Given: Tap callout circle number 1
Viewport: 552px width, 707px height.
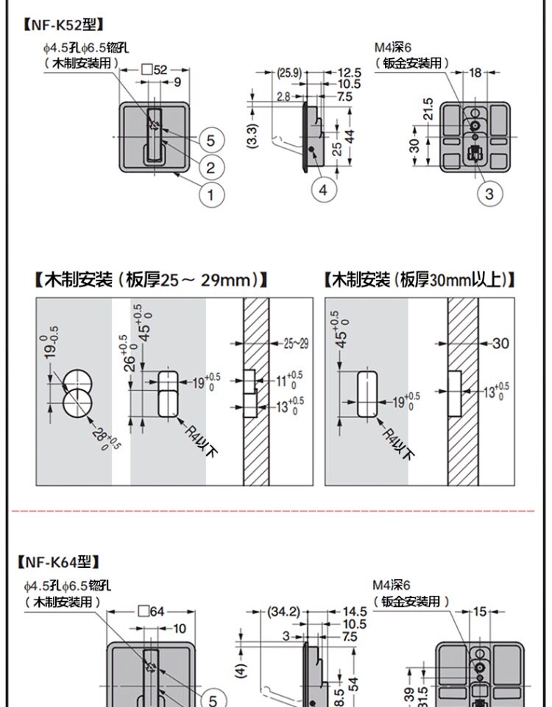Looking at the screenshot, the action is tap(210, 194).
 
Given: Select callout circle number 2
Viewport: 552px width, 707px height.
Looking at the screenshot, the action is tap(210, 167).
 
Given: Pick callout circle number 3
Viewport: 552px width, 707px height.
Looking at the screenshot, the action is tap(489, 194).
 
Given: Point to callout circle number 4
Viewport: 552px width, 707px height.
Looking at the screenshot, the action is tap(323, 190).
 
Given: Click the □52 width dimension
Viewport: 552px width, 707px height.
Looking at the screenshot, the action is tap(155, 70).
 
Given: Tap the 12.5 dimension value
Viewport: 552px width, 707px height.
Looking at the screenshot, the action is tap(349, 73).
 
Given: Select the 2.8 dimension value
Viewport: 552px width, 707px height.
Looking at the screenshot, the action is tap(283, 96).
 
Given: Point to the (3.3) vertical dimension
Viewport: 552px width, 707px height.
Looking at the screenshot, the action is tap(252, 136).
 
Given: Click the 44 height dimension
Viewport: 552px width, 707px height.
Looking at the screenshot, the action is tap(350, 136).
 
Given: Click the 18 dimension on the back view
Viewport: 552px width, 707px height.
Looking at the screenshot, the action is tap(475, 72).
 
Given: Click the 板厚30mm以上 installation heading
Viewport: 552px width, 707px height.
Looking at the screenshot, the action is tap(419, 280).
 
